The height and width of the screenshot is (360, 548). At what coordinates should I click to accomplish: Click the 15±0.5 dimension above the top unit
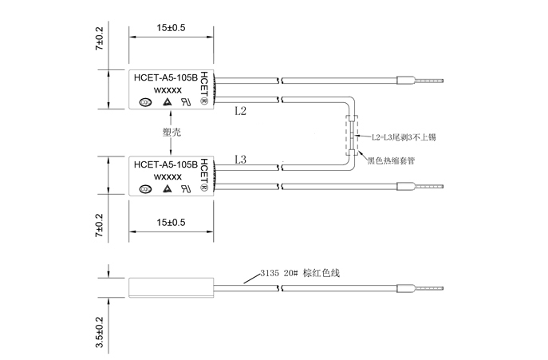(171, 27)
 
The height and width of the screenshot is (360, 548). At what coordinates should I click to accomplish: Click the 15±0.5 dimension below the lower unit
(171, 222)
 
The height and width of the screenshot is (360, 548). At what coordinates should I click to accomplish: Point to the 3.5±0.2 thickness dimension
(100, 330)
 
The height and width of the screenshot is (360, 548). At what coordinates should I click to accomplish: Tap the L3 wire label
(241, 160)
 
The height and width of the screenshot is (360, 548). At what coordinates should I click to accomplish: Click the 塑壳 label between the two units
(171, 132)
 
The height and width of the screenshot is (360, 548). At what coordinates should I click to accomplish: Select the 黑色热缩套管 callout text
(391, 160)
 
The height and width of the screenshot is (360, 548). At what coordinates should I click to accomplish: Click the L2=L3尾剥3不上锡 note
(404, 137)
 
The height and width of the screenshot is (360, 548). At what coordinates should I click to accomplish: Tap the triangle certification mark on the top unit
(167, 101)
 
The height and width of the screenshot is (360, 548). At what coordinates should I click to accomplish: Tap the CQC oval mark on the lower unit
(145, 189)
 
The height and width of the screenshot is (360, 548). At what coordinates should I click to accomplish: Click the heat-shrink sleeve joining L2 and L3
(350, 135)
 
